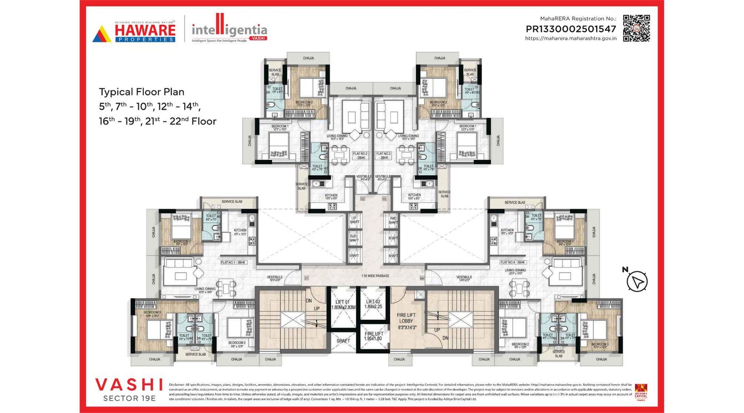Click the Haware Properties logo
[134, 32]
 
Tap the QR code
[636, 28]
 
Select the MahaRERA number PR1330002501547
[571, 29]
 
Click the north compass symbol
[636, 281]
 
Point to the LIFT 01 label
[343, 304]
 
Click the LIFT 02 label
[373, 304]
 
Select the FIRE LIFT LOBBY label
[406, 321]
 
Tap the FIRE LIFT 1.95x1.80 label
[373, 336]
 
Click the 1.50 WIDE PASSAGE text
[375, 276]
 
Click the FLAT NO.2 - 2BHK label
[360, 156]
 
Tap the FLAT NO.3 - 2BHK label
[384, 156]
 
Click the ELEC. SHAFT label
[354, 238]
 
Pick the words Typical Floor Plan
[141, 92]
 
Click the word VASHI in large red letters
[129, 385]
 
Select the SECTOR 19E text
[129, 398]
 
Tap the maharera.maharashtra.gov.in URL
[571, 39]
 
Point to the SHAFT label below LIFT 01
[343, 341]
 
